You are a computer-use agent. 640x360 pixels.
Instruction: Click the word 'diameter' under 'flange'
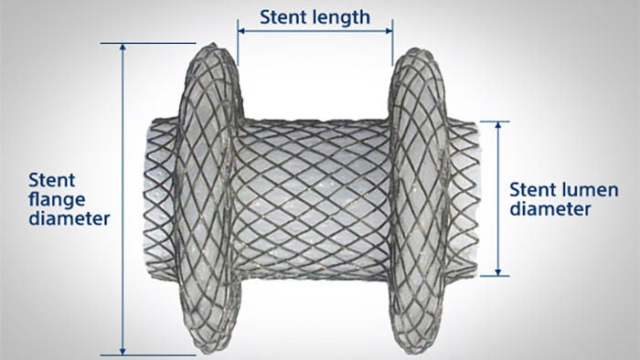69,219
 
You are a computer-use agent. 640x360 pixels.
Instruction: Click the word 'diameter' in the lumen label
548,209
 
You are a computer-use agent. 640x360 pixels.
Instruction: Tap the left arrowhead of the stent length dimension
240,30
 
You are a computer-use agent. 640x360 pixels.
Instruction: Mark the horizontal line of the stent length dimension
315,30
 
